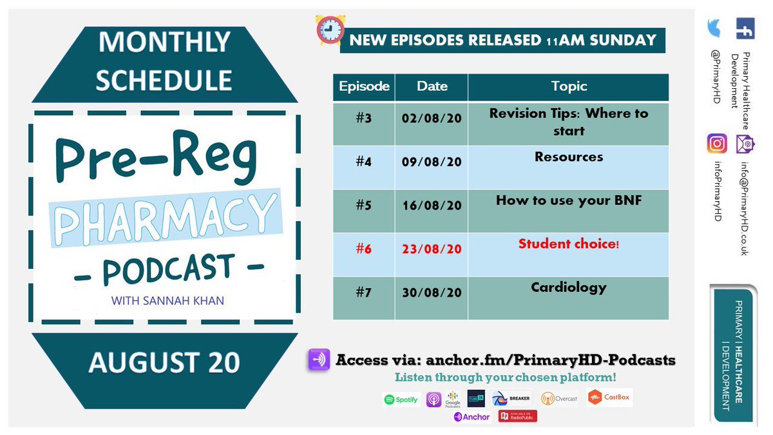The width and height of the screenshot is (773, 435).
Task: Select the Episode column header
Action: point(364,86)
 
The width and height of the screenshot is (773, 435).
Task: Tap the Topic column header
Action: point(569,86)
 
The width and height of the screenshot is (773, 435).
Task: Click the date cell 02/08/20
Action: point(431,119)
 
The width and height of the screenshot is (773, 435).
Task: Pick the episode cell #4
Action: point(364,162)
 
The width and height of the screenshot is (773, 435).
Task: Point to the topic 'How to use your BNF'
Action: point(569,200)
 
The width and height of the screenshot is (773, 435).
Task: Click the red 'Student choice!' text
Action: point(569,244)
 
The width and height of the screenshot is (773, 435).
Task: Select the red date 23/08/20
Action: point(431,249)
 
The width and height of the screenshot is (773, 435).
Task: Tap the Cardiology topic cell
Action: point(569,287)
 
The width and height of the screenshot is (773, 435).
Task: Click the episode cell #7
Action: point(364,293)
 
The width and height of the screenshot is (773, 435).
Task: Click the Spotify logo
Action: point(401,400)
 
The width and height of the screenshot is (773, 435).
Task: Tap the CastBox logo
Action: point(609,398)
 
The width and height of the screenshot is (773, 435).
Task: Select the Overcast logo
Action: point(559,399)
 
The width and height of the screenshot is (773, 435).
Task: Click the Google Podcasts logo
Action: point(453,400)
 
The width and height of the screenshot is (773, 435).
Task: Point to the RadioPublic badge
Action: point(517,416)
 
